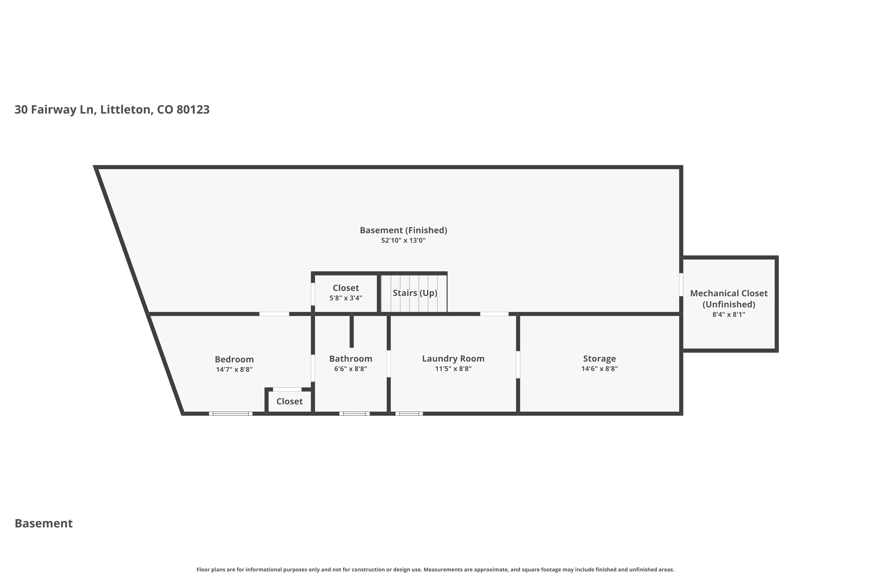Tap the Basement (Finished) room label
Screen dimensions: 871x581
click(x=403, y=230)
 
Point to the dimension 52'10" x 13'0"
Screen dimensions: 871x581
click(x=403, y=241)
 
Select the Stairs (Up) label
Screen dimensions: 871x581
click(x=415, y=293)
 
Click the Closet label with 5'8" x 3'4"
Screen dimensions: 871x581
click(x=345, y=288)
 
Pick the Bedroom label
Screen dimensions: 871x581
click(x=234, y=359)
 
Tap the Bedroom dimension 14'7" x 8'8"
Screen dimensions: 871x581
click(x=234, y=370)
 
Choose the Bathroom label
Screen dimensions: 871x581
click(x=350, y=359)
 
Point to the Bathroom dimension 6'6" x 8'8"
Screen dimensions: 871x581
click(x=350, y=369)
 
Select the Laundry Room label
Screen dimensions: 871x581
click(x=453, y=359)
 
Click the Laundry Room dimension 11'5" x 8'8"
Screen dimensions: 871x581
click(x=453, y=369)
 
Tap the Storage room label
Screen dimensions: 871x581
click(x=599, y=359)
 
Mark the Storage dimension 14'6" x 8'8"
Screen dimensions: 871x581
click(x=599, y=369)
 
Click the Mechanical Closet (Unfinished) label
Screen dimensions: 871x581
click(x=728, y=299)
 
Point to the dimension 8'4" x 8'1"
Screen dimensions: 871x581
click(x=728, y=315)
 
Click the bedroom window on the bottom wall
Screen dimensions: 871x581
click(x=231, y=413)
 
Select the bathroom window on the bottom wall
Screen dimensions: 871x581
click(x=354, y=413)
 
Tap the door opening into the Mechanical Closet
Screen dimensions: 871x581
click(x=681, y=285)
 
